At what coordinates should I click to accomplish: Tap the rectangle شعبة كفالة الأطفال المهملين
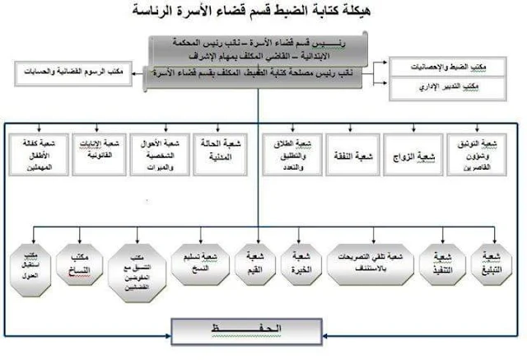pyautogui.click(x=35, y=156)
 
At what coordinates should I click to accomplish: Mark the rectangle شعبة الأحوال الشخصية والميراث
pyautogui.click(x=160, y=156)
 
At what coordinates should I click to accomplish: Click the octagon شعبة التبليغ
pyautogui.click(x=492, y=262)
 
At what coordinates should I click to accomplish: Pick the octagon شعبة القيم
pyautogui.click(x=254, y=262)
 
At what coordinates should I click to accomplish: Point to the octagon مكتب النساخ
pyautogui.click(x=80, y=262)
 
